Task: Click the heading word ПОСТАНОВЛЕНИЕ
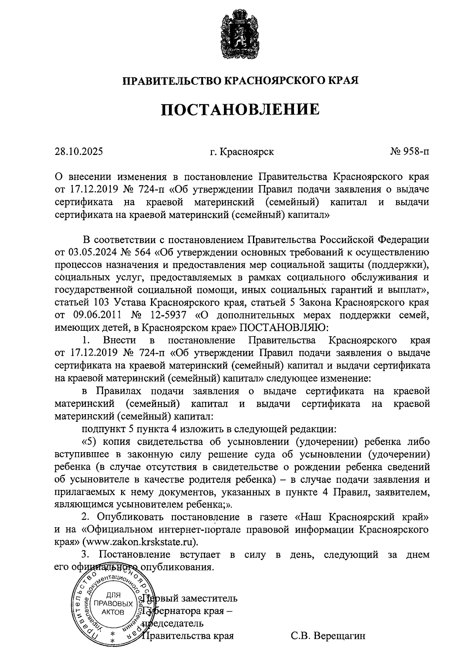[x=240, y=109]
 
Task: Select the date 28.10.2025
[x=79, y=152]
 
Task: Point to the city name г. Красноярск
[x=242, y=152]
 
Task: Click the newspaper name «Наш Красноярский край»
[x=363, y=517]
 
